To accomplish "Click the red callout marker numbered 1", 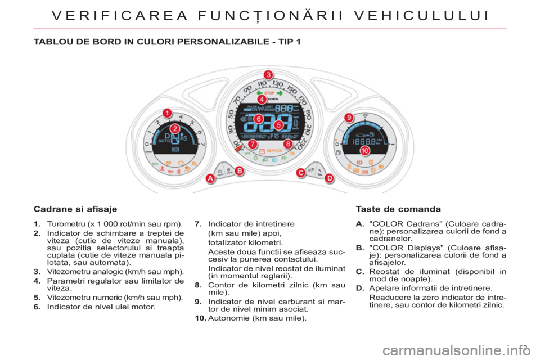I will point(167,113).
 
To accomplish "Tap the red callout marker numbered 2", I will point(175,129).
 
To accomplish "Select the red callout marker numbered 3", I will point(269,74).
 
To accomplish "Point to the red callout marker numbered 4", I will point(262,99).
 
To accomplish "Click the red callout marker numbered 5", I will point(278,124).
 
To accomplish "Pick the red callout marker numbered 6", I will point(258,119).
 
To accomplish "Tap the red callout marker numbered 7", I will point(253,144).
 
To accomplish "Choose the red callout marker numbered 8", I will point(287,144).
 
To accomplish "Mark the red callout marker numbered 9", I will point(349,117).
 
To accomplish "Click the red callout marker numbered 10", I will point(365,151).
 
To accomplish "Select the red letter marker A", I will point(210,178).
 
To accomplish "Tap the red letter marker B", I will point(239,170).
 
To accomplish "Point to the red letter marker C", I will point(301,172).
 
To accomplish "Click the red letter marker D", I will point(330,178).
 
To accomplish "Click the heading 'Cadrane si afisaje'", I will point(75,209).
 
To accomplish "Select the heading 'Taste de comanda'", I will point(398,209).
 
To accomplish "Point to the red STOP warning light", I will point(269,92).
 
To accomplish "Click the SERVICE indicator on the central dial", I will point(274,151).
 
